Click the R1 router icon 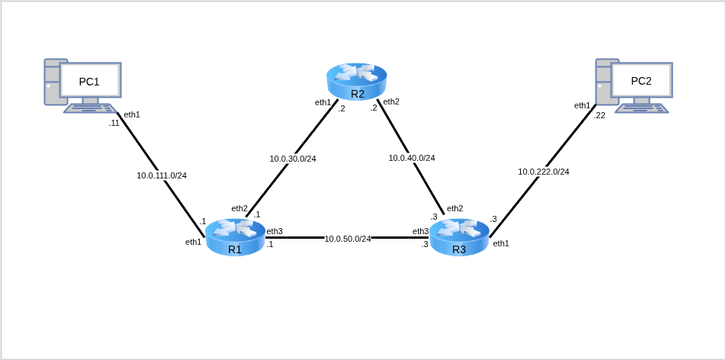(x=235, y=236)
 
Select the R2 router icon (x=357, y=81)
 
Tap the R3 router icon (x=459, y=236)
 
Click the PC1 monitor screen (x=90, y=80)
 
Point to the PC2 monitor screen (x=641, y=80)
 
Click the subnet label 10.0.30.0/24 (x=293, y=159)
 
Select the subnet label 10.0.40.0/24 (x=412, y=158)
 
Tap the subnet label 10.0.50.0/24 (x=348, y=239)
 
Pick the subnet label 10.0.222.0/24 (x=544, y=172)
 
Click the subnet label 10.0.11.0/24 (x=162, y=175)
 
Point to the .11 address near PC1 (x=114, y=123)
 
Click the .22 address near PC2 (x=599, y=115)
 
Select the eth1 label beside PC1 (x=132, y=114)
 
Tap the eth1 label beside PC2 (x=583, y=105)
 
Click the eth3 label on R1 (x=275, y=231)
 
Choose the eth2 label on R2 (x=391, y=101)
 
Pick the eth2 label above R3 (x=455, y=208)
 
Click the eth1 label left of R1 (x=194, y=242)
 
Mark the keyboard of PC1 (x=89, y=108)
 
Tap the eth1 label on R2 (x=323, y=102)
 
